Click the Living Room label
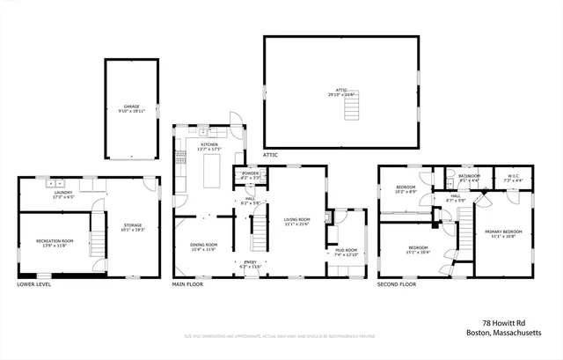pyautogui.click(x=296, y=222)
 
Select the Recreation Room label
pyautogui.click(x=55, y=243)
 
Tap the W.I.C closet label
pyautogui.click(x=514, y=178)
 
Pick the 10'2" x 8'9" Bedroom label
pyautogui.click(x=405, y=189)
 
